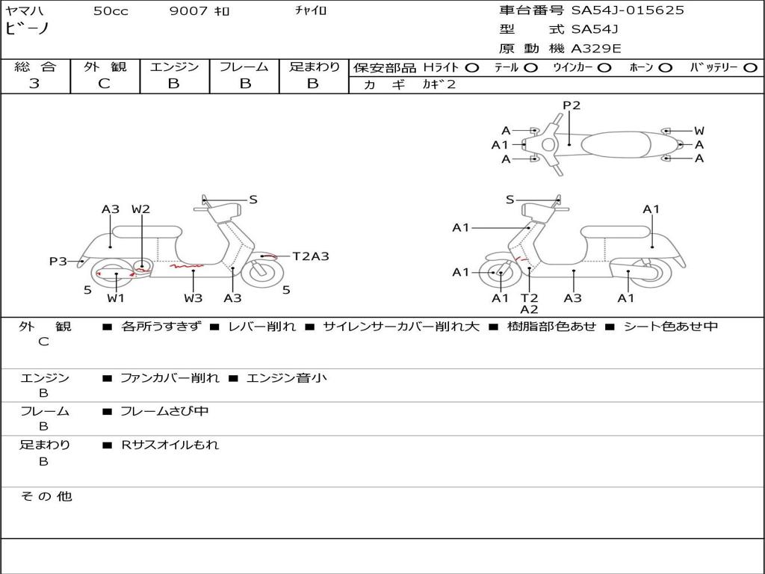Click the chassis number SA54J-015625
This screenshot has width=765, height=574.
628,10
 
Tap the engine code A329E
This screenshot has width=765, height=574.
596,49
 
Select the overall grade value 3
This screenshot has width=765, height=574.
34,84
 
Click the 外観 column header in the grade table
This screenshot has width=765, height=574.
105,67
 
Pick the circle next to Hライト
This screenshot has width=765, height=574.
472,68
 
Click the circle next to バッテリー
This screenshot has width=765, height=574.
750,68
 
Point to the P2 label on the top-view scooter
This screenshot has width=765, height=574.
572,105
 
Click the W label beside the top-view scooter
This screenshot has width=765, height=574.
699,131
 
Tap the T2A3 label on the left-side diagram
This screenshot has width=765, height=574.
311,256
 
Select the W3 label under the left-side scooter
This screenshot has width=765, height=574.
193,297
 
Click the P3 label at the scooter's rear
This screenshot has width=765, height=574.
58,262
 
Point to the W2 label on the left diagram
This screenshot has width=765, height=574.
140,209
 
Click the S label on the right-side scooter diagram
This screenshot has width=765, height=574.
510,200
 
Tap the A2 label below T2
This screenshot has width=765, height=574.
530,309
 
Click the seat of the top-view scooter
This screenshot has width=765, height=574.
616,144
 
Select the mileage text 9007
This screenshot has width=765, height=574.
189,10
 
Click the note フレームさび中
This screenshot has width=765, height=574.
164,412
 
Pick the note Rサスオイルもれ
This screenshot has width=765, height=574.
170,445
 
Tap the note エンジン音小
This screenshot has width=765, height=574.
286,378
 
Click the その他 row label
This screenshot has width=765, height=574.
46,496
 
